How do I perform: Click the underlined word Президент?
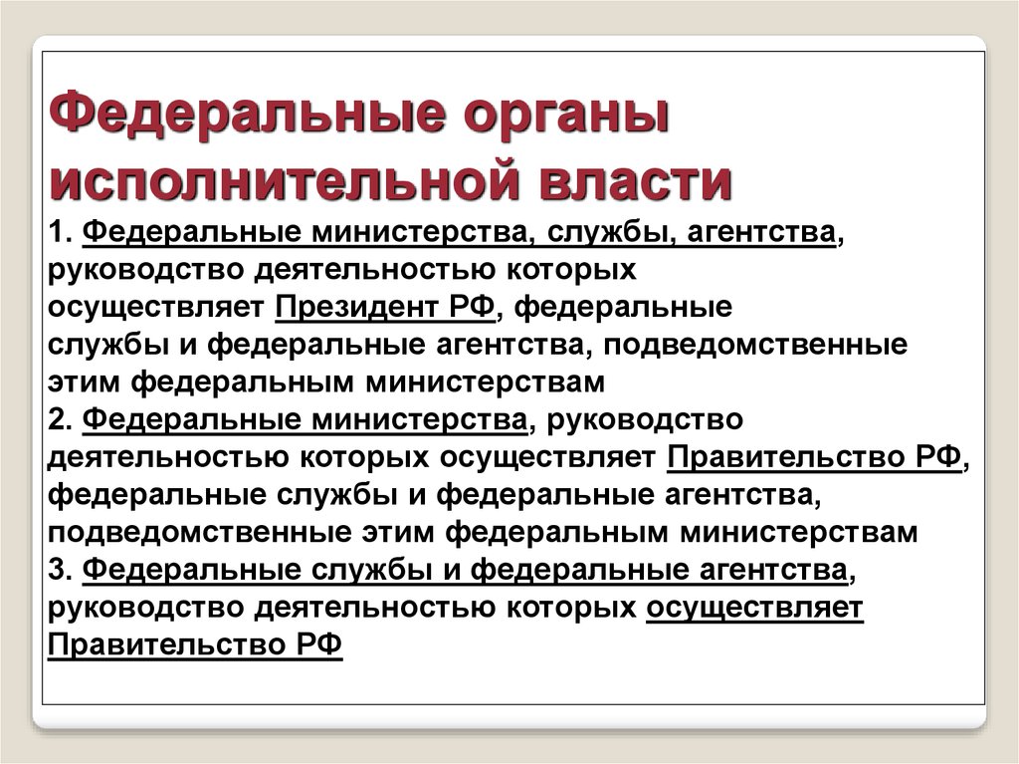pos(357,307)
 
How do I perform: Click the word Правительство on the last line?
pos(167,644)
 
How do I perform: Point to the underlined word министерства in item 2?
pos(419,419)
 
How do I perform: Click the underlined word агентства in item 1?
pos(760,233)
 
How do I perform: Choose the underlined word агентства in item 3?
pos(773,570)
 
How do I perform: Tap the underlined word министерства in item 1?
pos(419,233)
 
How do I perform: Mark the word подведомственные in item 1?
pos(754,345)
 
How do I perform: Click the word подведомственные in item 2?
pos(199,532)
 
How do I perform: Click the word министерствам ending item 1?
pos(485,382)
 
